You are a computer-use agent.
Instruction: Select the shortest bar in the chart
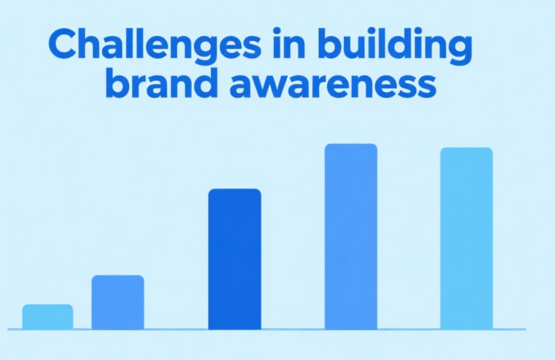pos(47,317)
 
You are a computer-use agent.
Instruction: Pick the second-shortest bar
pos(118,302)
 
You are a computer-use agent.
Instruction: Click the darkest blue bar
pos(234,259)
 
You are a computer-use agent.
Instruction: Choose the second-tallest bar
pos(466,238)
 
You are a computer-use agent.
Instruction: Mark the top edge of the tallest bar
pos(351,145)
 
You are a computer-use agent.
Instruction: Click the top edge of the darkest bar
pos(234,189)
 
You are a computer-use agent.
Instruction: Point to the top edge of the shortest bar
pos(47,305)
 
